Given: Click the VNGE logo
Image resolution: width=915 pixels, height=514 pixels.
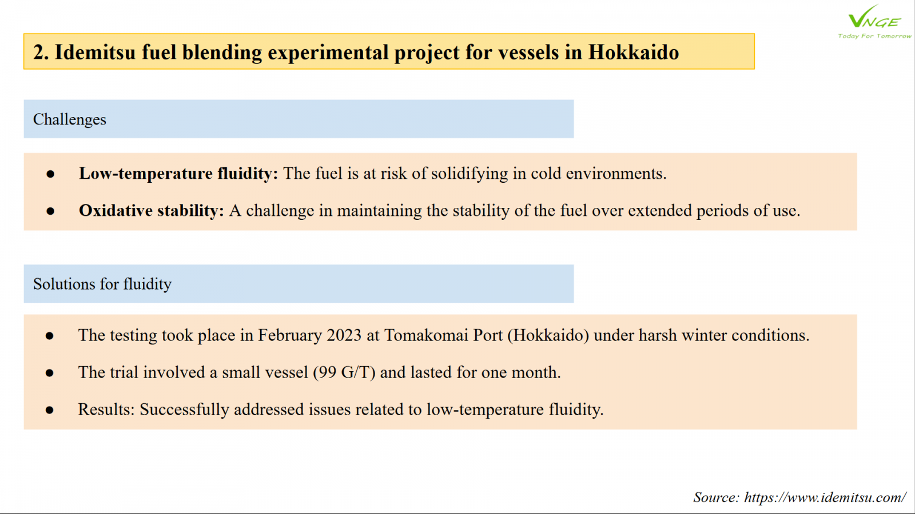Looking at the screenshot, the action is [x=874, y=21].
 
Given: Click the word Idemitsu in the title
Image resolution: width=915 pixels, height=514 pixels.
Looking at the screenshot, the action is [x=95, y=52].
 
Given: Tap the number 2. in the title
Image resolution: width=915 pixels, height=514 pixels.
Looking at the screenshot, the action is [x=41, y=52].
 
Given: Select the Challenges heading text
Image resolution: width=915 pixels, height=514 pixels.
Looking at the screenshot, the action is [x=69, y=119].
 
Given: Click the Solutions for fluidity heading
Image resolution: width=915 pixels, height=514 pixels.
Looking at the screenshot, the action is [x=102, y=284].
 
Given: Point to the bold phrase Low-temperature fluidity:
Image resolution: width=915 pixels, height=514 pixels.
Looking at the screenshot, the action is [x=178, y=174].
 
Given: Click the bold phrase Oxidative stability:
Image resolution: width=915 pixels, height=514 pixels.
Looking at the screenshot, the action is [x=152, y=211].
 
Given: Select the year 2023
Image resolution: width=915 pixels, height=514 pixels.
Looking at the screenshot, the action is [x=344, y=335].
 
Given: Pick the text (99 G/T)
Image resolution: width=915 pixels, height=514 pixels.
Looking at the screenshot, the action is [x=344, y=372].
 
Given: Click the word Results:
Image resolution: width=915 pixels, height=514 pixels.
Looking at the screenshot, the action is [x=106, y=409].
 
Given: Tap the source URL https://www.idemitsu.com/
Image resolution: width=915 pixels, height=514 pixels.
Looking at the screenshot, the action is [x=825, y=497].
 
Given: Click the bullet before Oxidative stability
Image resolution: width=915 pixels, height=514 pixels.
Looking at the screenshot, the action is [x=50, y=211].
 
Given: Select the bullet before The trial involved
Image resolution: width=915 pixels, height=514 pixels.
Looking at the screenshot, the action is [x=49, y=373].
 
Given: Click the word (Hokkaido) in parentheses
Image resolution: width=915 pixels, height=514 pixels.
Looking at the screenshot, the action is [x=548, y=335].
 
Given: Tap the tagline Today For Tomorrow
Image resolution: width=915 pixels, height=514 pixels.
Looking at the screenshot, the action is [x=874, y=36].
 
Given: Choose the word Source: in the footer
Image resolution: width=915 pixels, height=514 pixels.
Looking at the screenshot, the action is [x=717, y=497].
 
